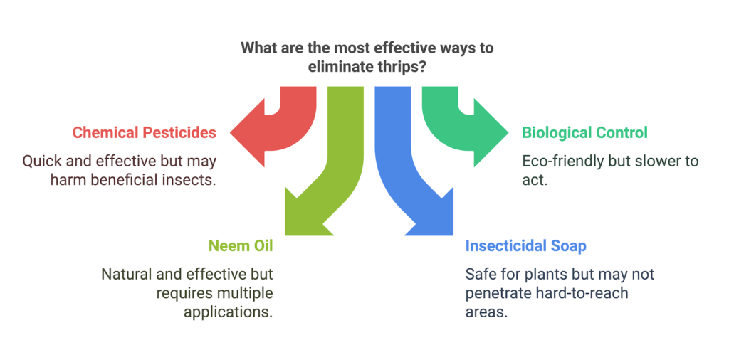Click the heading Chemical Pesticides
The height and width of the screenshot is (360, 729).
(x=144, y=133)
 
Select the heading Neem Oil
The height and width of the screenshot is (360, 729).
(x=241, y=245)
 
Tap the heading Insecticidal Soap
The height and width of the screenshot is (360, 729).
(x=526, y=245)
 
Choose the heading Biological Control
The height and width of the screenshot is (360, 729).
(x=584, y=133)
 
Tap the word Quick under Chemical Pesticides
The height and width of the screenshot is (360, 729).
(x=38, y=162)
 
